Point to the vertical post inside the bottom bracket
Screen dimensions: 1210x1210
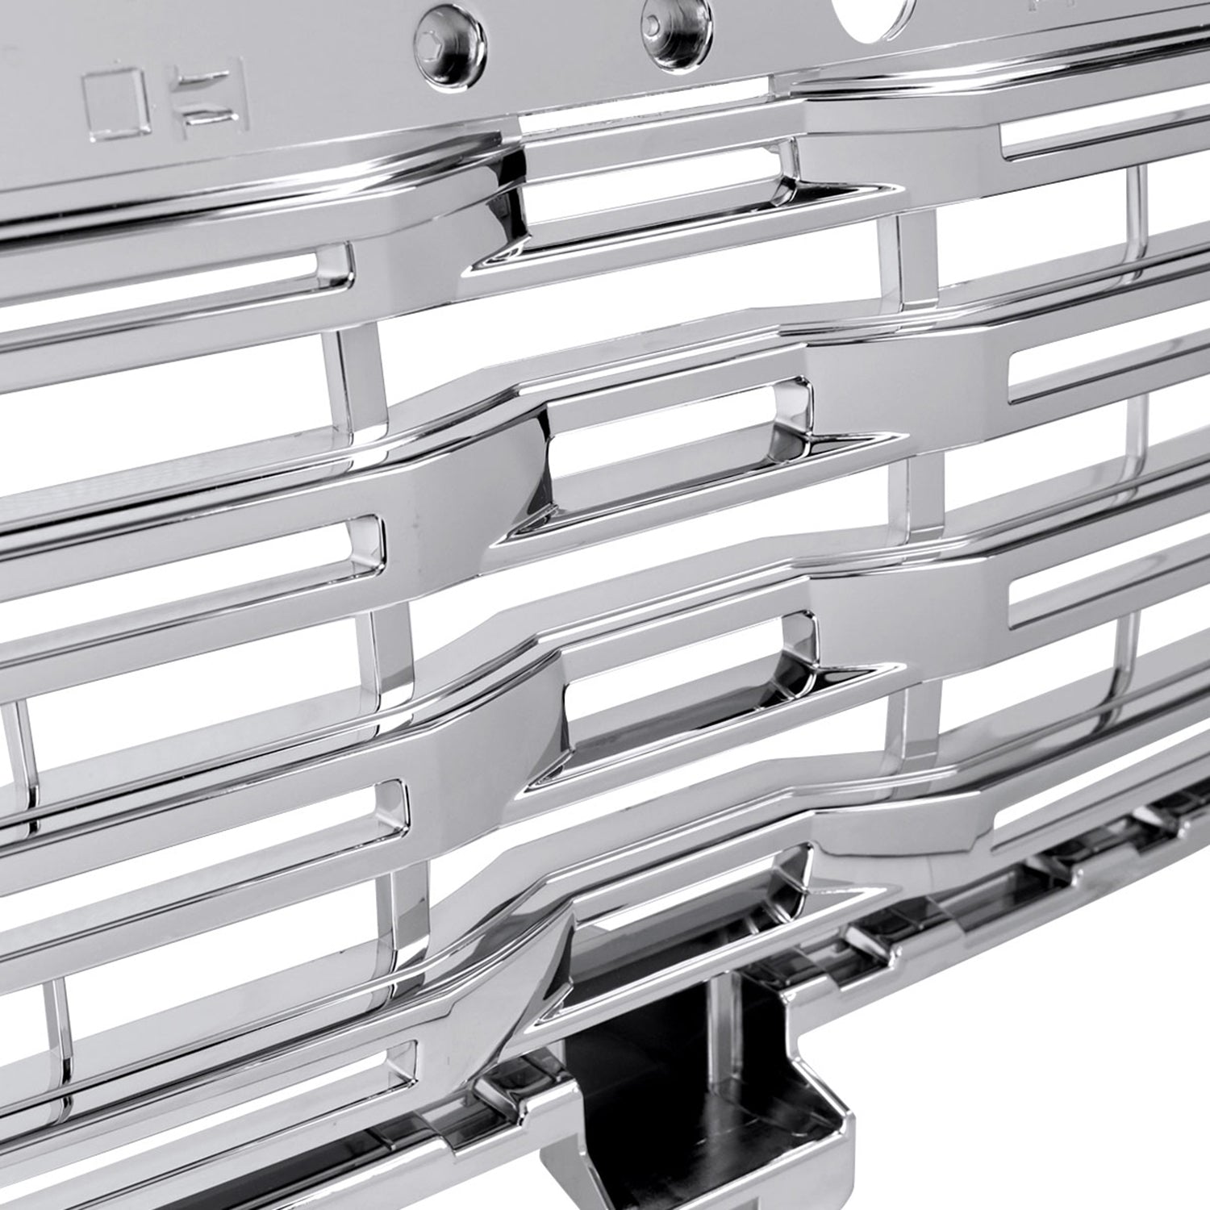point(722,1024)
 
